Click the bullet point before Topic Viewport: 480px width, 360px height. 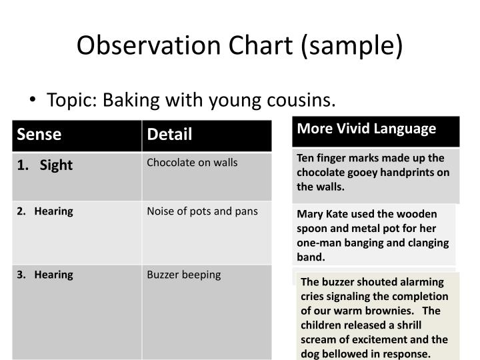click(33, 101)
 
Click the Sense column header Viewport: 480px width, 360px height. click(39, 135)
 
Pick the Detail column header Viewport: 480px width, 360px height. click(169, 135)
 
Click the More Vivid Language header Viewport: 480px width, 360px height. click(367, 128)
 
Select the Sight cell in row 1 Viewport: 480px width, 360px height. click(56, 165)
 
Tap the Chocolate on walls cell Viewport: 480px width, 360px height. click(192, 163)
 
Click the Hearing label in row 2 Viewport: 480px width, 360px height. click(53, 211)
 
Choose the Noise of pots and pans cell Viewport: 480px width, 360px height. click(202, 211)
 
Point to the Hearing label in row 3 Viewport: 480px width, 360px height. click(53, 275)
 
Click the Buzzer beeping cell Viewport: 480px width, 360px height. click(183, 275)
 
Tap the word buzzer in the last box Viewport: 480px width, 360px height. click(337, 281)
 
